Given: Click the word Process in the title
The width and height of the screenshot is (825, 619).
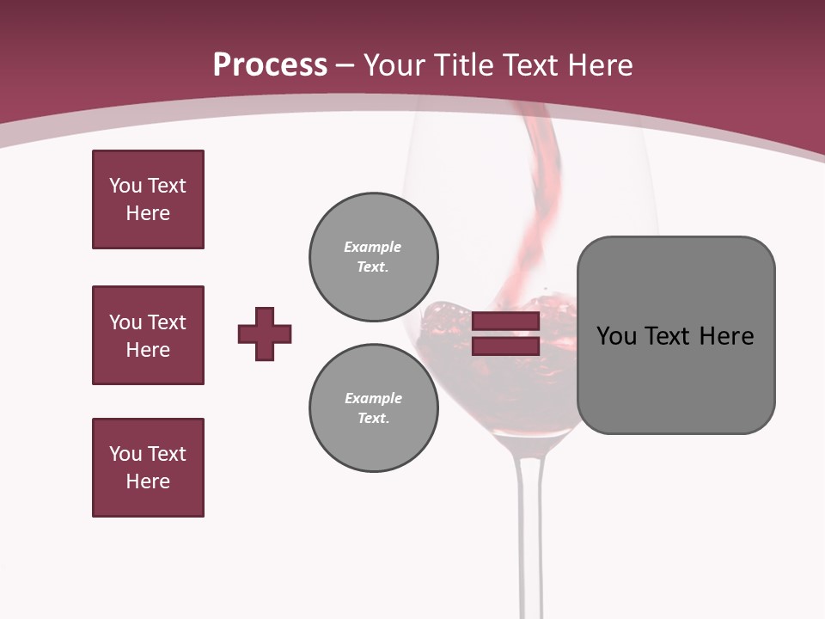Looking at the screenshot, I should pyautogui.click(x=270, y=65).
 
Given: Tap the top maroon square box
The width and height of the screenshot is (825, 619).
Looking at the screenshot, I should pyautogui.click(x=148, y=199).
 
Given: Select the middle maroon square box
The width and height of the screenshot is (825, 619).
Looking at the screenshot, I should pyautogui.click(x=148, y=335).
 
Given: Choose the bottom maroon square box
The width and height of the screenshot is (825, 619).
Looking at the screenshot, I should pyautogui.click(x=148, y=468).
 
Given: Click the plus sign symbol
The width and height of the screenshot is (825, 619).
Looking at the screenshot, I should pyautogui.click(x=265, y=334).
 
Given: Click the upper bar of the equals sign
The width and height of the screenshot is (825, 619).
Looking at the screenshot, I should pyautogui.click(x=505, y=322).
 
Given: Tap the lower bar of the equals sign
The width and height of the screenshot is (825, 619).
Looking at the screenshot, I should pyautogui.click(x=505, y=346).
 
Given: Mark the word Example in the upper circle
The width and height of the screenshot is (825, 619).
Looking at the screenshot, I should pyautogui.click(x=372, y=247).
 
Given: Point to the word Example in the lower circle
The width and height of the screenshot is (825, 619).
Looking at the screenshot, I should pyautogui.click(x=373, y=398).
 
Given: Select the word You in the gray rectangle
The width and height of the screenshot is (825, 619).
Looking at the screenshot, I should pyautogui.click(x=616, y=336).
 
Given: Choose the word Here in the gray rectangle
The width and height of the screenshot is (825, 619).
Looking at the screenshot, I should pyautogui.click(x=726, y=336).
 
